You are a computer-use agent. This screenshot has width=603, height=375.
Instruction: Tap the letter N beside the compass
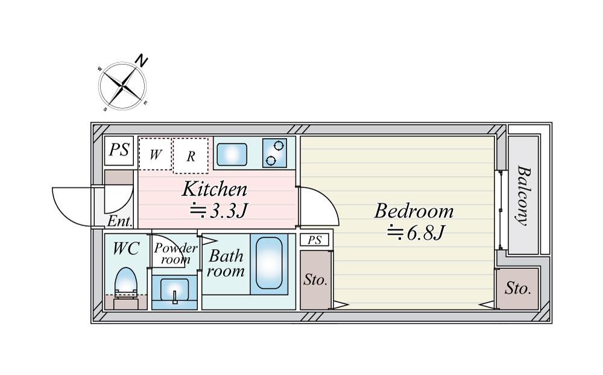(142, 61)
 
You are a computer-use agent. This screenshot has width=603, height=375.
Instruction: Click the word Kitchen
(214, 189)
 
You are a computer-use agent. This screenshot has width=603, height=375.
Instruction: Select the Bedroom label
(414, 211)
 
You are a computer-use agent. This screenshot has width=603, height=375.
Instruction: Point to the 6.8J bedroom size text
(416, 232)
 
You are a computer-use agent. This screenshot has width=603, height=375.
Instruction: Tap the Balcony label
(523, 196)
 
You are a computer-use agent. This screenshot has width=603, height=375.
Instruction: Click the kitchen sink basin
(232, 154)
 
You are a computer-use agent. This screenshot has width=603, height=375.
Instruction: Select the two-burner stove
(274, 153)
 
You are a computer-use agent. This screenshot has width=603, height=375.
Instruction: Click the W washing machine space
(155, 153)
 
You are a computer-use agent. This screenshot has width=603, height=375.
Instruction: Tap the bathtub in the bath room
(269, 263)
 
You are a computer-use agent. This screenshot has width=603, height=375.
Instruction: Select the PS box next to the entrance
(119, 150)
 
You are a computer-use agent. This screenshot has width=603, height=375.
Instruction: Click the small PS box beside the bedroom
(315, 240)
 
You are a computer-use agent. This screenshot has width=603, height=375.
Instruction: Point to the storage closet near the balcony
(517, 289)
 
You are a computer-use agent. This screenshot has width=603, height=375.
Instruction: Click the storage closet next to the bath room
(315, 280)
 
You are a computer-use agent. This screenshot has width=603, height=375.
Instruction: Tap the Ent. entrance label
(120, 221)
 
